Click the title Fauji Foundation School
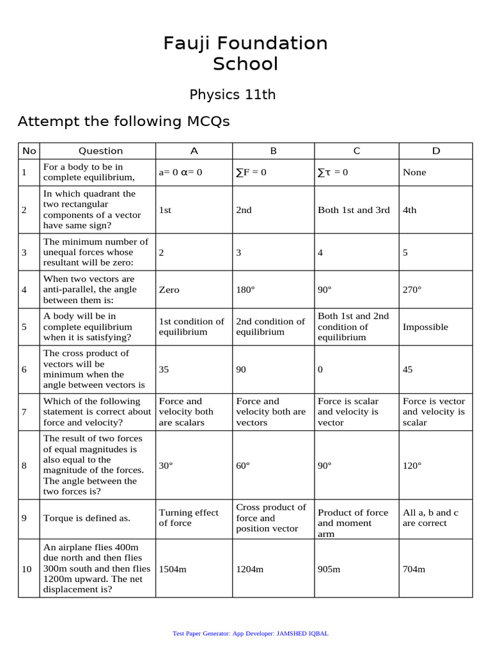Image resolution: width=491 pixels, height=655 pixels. [245, 53]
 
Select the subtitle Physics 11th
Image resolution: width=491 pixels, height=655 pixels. [233, 95]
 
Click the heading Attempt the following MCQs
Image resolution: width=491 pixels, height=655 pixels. [123, 122]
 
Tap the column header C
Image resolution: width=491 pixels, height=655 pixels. [357, 151]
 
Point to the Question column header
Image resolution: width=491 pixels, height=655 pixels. [100, 151]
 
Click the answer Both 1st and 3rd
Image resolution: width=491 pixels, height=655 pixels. [354, 210]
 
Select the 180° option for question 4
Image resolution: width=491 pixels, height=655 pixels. [245, 290]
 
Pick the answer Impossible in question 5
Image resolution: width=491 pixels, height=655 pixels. [425, 327]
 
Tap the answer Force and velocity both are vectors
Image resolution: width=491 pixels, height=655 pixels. [271, 412]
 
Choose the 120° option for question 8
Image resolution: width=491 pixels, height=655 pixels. [412, 465]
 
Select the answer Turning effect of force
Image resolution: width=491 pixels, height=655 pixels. [189, 518]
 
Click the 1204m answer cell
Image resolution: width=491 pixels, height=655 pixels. [250, 569]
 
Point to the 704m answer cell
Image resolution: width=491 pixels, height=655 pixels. [414, 569]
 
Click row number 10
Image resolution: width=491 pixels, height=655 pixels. [27, 569]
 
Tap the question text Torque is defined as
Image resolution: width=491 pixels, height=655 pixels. [87, 518]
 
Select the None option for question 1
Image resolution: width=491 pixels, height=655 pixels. [414, 172]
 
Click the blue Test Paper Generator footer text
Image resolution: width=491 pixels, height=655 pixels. [251, 633]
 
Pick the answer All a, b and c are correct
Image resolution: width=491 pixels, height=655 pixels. [430, 518]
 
